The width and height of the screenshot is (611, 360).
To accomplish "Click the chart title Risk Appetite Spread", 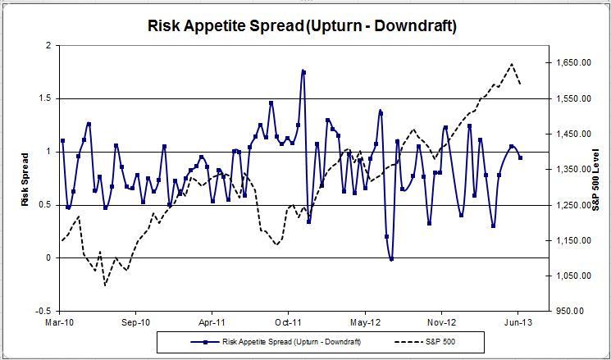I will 302,25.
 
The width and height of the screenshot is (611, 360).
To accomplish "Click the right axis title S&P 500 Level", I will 595,179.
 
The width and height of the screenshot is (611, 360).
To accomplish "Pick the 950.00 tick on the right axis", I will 571,312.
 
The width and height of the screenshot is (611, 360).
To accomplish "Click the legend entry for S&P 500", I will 436,341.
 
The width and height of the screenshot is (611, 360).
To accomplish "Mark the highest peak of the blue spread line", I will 303,71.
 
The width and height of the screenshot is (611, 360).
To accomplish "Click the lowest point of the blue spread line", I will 391,259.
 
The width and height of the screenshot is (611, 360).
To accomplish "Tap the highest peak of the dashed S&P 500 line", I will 512,64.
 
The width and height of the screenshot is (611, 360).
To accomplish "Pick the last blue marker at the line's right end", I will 520,157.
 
